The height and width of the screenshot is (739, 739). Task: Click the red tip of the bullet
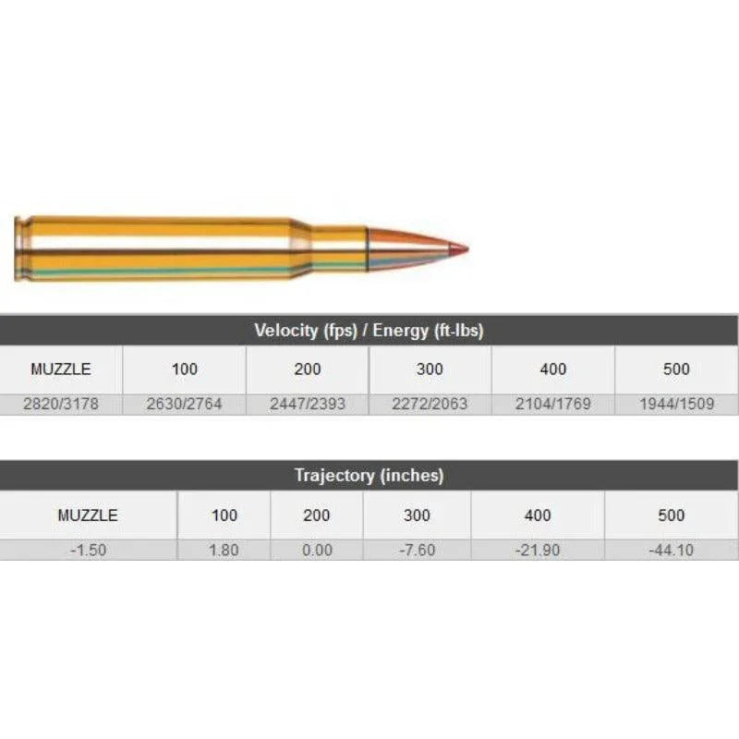tap(459, 248)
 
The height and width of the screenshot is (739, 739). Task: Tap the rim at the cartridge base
tap(18, 248)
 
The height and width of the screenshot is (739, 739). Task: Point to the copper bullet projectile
tap(406, 248)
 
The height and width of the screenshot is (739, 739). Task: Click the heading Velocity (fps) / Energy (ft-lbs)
tap(369, 331)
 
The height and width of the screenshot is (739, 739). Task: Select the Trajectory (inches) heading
tap(369, 476)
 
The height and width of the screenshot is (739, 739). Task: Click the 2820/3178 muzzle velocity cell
tap(61, 405)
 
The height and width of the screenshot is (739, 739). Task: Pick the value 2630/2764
tap(184, 405)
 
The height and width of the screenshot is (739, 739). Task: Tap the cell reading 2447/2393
tap(308, 405)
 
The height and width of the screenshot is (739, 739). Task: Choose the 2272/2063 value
tap(430, 405)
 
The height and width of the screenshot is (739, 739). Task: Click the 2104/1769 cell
tap(552, 405)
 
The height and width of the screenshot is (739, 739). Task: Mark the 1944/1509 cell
tap(676, 405)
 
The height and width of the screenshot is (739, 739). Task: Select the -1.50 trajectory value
tap(88, 550)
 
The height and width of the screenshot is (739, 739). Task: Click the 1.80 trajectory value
tap(224, 550)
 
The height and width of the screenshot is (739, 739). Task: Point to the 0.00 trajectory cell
tap(316, 550)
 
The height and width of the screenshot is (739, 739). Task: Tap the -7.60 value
tap(417, 550)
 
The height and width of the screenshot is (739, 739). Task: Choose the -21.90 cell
tap(538, 550)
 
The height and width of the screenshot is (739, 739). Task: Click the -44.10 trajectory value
tap(672, 550)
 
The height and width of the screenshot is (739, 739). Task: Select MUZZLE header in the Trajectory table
tap(88, 515)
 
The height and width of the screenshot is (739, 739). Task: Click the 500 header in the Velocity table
tap(676, 369)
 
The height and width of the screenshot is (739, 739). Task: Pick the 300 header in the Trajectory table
tap(417, 515)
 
